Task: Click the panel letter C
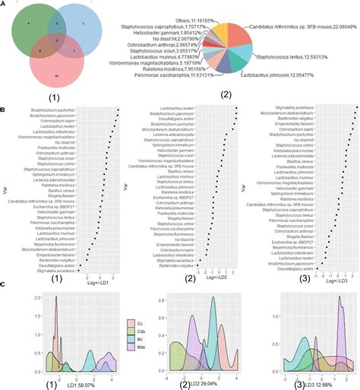[x=4, y=264]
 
